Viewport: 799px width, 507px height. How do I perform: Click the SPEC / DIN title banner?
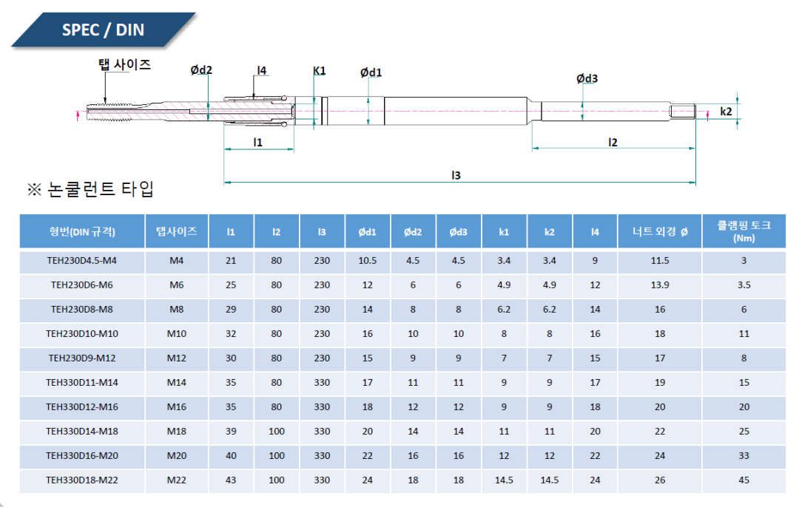(104, 30)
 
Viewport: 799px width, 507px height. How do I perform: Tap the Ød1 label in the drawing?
(371, 72)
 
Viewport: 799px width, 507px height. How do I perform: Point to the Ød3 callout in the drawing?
(587, 79)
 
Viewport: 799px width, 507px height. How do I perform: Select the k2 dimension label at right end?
(726, 111)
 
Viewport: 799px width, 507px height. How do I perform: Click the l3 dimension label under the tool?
(456, 175)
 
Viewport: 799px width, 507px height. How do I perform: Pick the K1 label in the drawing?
(320, 71)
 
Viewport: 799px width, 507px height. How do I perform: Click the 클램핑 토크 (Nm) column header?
(744, 231)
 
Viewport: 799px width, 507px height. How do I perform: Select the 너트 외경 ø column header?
(660, 231)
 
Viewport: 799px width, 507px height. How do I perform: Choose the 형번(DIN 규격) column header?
(82, 231)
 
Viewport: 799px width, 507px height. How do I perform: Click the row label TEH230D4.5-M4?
(82, 260)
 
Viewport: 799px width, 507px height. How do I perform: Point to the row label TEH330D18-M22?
(82, 480)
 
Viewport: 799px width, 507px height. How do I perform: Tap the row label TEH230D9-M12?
(82, 358)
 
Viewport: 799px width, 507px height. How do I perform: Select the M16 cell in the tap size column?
(177, 406)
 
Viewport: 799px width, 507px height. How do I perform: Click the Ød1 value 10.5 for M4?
(368, 260)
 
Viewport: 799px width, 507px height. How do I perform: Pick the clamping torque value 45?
(744, 480)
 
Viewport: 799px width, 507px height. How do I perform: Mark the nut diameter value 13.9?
(660, 285)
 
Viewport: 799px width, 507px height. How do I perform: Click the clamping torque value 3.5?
(744, 285)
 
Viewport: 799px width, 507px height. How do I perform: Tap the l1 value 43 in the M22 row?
(231, 480)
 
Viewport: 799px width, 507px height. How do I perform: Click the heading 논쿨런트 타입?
(91, 189)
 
